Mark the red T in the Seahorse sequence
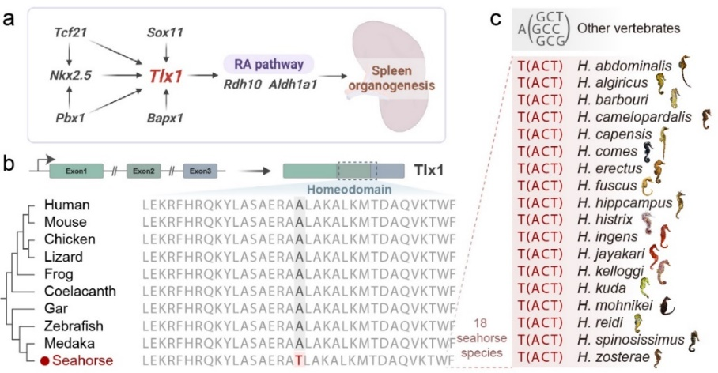(x=298, y=360)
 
